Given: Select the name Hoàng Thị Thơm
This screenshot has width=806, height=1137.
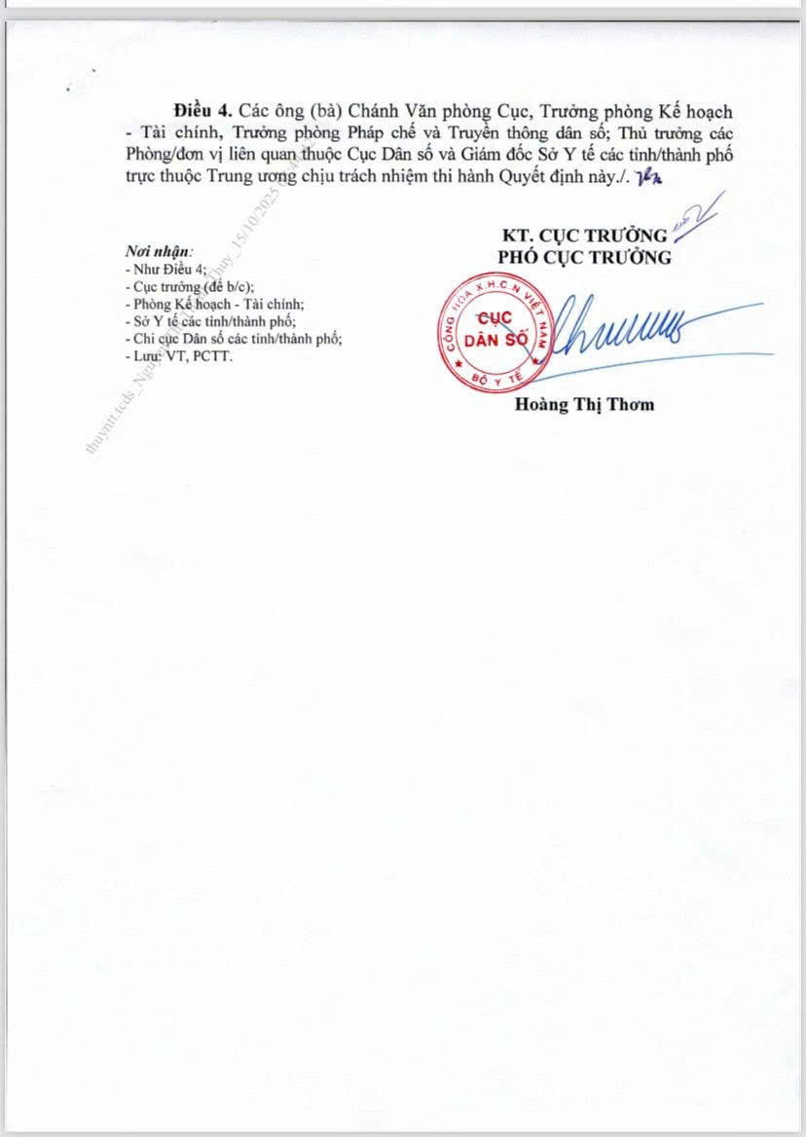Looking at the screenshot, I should [584, 405].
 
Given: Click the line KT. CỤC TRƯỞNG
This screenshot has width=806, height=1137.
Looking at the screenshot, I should [584, 236].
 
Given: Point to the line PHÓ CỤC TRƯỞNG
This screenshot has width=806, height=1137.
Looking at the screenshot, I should [584, 258].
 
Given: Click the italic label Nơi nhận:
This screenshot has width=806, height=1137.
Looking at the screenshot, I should [160, 250].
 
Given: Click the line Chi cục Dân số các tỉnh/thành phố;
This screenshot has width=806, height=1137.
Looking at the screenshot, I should [234, 339].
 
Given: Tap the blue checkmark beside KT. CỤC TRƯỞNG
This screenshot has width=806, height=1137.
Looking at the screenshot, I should [702, 216].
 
